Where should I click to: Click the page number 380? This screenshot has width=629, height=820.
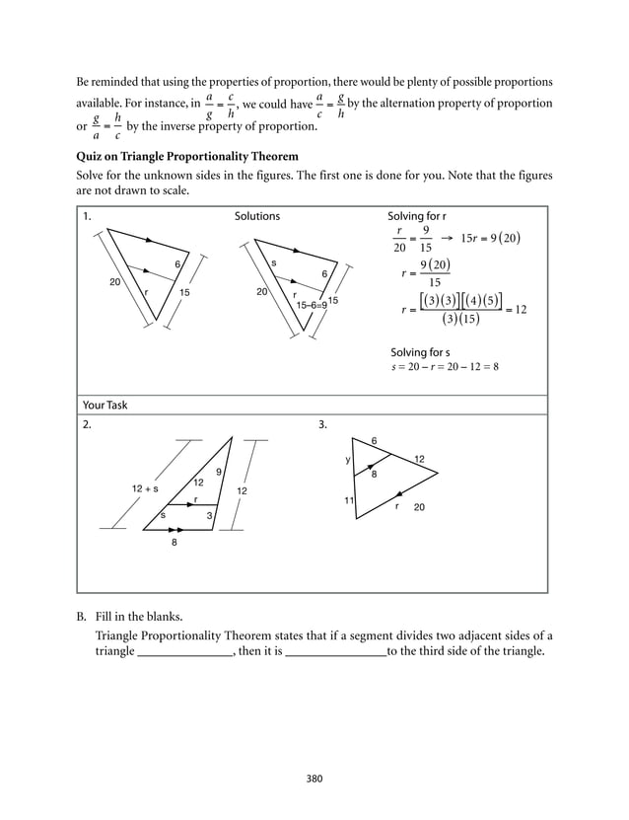pos(314,779)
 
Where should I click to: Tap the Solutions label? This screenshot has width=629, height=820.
pos(256,216)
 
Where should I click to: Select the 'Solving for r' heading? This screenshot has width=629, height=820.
pos(417,216)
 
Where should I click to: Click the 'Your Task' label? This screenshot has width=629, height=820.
pos(105,405)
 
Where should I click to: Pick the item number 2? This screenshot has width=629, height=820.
pos(87,424)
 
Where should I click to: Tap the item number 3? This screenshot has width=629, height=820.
pos(322,424)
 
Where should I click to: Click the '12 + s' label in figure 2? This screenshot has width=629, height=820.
pos(145,488)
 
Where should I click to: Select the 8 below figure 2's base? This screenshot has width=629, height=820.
pos(175,542)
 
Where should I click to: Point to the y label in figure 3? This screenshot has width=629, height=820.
pos(347,460)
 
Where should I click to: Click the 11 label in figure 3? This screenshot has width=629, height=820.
pos(349,501)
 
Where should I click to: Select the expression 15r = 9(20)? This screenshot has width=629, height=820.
pos(490,238)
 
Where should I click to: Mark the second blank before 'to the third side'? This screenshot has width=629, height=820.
pos(335,653)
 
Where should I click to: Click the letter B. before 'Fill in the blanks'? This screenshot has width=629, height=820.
pos(83,618)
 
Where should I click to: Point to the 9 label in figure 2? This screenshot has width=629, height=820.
pos(218,472)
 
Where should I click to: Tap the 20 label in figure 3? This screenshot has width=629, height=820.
pos(419,507)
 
